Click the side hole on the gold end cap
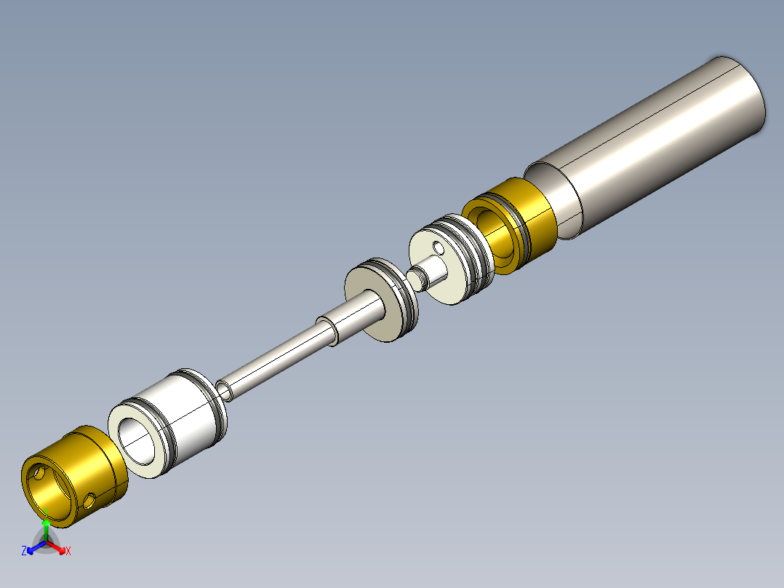(x=90, y=501)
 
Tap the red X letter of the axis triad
(x=68, y=551)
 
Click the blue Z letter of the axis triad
(x=24, y=551)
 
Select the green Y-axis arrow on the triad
(x=45, y=523)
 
